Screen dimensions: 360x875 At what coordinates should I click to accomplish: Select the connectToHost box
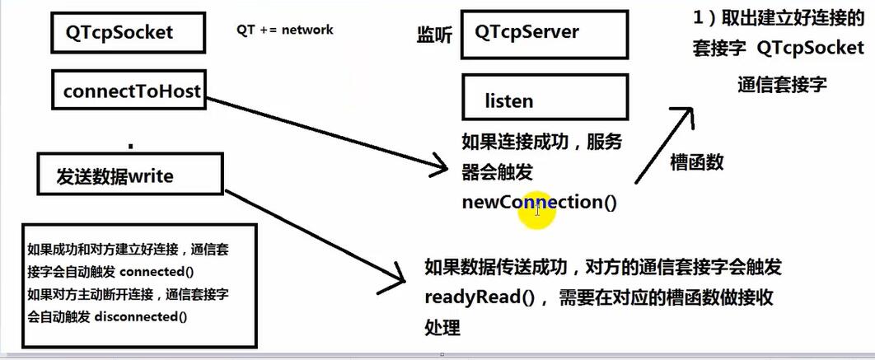pos(131,92)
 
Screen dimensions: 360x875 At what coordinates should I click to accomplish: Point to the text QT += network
pos(285,30)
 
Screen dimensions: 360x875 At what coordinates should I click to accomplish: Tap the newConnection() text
pos(539,202)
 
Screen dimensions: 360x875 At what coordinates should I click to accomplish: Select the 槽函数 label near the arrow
pos(698,161)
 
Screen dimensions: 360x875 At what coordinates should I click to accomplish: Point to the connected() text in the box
pos(161,272)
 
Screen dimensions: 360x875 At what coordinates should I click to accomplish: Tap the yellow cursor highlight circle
pos(536,210)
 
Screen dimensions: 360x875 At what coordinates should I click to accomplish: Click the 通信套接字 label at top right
pos(782,85)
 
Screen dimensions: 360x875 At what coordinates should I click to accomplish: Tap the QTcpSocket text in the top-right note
pos(811,48)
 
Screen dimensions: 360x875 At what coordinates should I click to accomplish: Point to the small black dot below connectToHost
pos(130,146)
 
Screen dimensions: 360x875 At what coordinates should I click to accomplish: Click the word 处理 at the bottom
pos(442,327)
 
